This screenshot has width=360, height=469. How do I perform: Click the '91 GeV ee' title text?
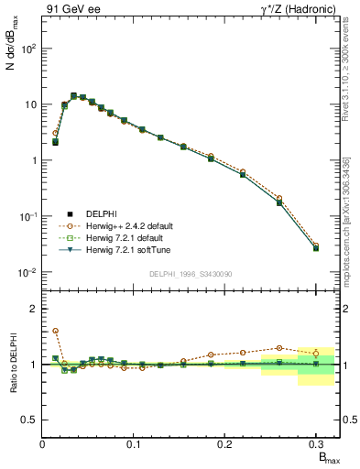(x=71, y=9)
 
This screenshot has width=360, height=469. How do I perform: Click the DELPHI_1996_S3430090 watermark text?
(x=189, y=274)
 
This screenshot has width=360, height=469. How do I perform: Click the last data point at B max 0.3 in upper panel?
(x=316, y=247)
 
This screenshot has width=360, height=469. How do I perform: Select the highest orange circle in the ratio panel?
(x=55, y=331)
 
